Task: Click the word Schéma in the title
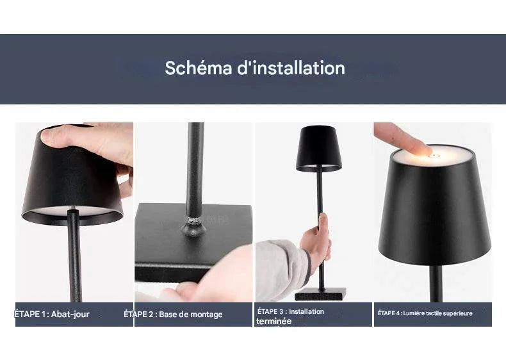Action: click(x=199, y=68)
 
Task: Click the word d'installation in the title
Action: click(x=291, y=68)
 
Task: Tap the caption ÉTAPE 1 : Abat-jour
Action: click(x=52, y=314)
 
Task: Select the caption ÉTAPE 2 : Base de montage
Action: click(x=174, y=314)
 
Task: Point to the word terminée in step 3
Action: click(x=273, y=322)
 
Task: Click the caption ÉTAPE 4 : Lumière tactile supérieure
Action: click(x=425, y=313)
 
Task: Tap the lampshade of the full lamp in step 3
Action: click(x=318, y=149)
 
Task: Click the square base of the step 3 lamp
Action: click(x=320, y=294)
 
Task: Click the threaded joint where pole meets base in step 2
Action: click(x=193, y=224)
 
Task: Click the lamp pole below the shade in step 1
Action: click(x=74, y=255)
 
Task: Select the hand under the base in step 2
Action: click(x=209, y=277)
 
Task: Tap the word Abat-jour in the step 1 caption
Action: click(x=70, y=314)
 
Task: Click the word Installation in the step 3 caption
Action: click(x=306, y=311)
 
